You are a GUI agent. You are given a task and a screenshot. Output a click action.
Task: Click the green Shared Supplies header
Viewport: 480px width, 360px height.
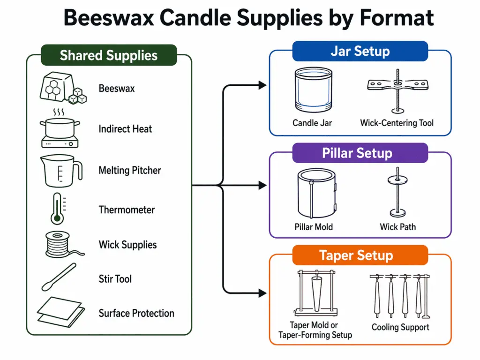pyautogui.click(x=109, y=55)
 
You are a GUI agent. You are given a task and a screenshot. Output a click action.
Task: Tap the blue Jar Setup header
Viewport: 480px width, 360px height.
pyautogui.click(x=360, y=51)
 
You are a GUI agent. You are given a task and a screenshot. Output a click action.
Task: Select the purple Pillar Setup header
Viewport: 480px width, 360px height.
pyautogui.click(x=360, y=153)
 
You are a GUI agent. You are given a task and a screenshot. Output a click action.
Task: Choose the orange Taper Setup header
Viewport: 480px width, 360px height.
pyautogui.click(x=360, y=255)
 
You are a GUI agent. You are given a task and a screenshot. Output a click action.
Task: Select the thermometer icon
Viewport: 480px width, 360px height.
pyautogui.click(x=57, y=210)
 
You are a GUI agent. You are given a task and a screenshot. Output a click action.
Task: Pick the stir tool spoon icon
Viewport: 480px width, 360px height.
pyautogui.click(x=59, y=277)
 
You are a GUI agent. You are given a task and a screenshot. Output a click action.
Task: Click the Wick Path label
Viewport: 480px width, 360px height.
pyautogui.click(x=397, y=227)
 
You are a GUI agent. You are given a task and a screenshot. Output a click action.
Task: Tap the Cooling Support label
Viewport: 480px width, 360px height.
pyautogui.click(x=400, y=327)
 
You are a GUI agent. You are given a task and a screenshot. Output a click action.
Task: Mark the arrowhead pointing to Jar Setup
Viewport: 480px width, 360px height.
pyautogui.click(x=262, y=85)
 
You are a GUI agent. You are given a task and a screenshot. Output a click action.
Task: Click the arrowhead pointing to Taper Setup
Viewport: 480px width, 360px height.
pyautogui.click(x=262, y=294)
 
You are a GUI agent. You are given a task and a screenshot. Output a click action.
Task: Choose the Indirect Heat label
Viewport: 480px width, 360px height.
pyautogui.click(x=125, y=129)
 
